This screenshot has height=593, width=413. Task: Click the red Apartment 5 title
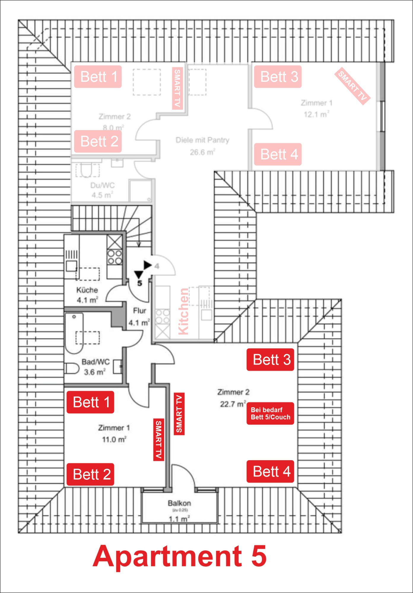[180, 556]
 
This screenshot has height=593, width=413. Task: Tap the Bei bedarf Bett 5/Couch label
[270, 414]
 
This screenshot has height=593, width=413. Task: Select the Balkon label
[179, 503]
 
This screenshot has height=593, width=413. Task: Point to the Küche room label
[87, 290]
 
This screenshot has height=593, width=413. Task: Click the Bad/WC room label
[96, 362]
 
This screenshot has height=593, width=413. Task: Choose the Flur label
[139, 310]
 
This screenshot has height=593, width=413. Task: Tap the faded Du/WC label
[102, 185]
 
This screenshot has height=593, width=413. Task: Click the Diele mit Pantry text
[202, 140]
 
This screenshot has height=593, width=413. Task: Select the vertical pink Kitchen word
[184, 311]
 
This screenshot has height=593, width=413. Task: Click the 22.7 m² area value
[233, 404]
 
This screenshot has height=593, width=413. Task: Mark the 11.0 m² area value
[114, 439]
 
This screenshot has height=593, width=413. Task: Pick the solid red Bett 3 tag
[270, 360]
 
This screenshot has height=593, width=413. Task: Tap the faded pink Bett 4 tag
[278, 154]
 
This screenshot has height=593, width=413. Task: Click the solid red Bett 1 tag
[90, 402]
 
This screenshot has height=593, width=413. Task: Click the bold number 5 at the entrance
[139, 283]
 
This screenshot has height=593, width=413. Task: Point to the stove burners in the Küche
[115, 257]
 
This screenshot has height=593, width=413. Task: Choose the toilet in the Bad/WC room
[71, 369]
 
